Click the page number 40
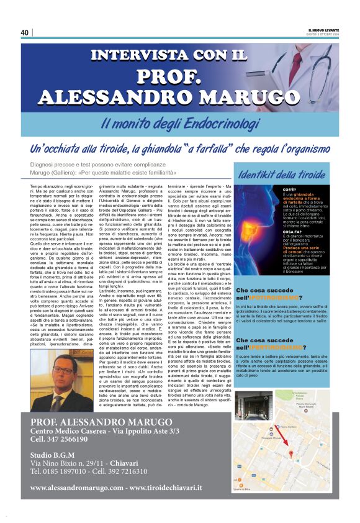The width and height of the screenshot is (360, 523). (x=25, y=33)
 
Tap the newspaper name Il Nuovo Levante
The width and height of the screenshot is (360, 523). (x=323, y=29)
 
